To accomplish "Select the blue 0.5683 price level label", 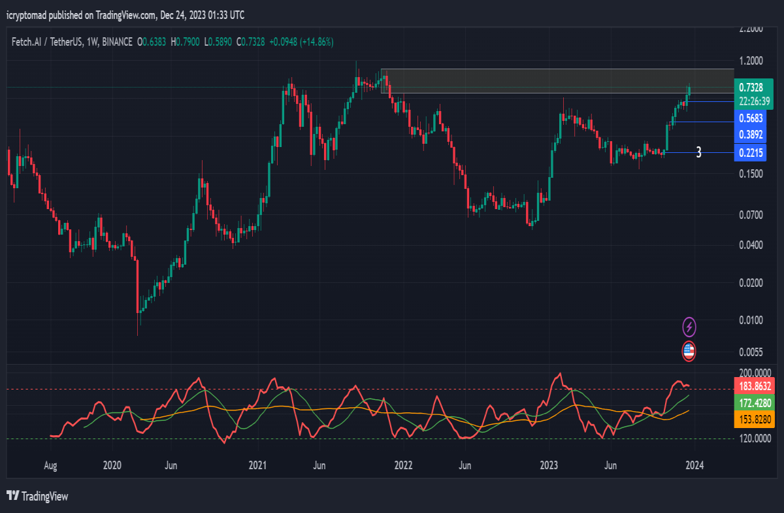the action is coord(751,118).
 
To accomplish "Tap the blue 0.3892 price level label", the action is coord(751,135).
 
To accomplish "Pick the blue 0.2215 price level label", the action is coord(751,153).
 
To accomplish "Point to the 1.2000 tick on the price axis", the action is coord(751,61).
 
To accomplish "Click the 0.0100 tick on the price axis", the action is coord(751,320).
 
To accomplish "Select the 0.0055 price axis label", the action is coord(751,352).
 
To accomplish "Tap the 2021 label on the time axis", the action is coord(257,465).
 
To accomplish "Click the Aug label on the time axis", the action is coord(50,465).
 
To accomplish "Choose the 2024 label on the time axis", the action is coord(694,465).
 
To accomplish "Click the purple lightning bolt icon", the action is coord(689,327).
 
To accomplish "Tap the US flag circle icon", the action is coord(689,351).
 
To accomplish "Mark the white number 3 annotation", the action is coord(698,152).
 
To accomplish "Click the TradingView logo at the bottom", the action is coord(37,496).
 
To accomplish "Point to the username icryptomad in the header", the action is coord(26,16).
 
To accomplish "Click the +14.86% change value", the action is coord(317,42).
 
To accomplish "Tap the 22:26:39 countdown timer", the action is coord(754,101).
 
